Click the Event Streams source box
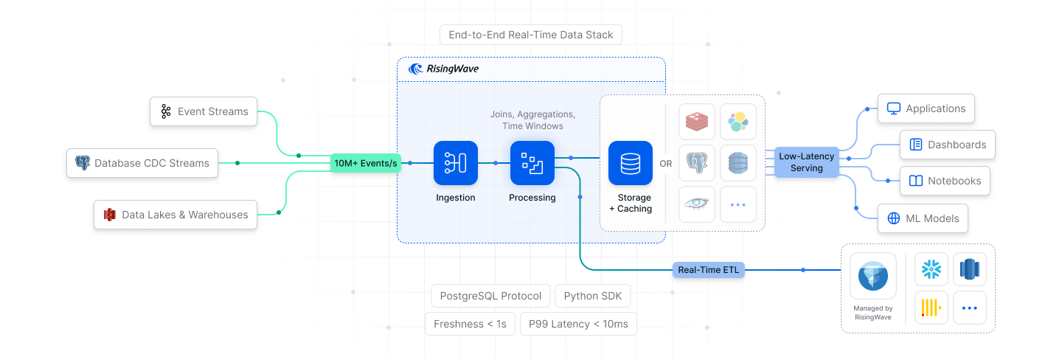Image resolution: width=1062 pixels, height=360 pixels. pos(204,111)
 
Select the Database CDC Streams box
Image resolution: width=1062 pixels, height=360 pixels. pos(142,163)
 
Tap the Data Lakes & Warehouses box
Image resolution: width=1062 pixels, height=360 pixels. pos(176,215)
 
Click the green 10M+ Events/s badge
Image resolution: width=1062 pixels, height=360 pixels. pos(366,163)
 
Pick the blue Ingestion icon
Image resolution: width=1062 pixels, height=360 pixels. pos(456,163)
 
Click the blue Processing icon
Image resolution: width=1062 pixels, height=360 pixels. pos(532,163)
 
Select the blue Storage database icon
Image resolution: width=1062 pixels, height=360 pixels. pos(631,163)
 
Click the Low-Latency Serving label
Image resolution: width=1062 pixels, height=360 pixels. pos(807,162)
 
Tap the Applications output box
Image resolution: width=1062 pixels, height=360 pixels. pos(926,108)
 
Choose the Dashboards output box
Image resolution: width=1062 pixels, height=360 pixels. pos(948,145)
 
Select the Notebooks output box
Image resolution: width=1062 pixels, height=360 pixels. pos(945,181)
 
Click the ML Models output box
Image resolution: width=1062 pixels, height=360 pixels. pos(923,218)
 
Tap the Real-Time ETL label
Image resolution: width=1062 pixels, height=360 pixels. pos(709,270)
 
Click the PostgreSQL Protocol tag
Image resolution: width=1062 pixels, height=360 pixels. pos(490,297)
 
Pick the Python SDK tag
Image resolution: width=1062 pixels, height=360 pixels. pos(593,297)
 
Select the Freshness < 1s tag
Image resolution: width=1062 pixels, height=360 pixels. pos(470,324)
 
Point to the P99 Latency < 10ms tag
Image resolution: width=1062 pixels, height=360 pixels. pos(578,324)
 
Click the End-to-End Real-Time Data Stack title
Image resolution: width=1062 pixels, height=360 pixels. pos(531,35)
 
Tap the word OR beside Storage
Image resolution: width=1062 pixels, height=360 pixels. pos(666,164)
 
